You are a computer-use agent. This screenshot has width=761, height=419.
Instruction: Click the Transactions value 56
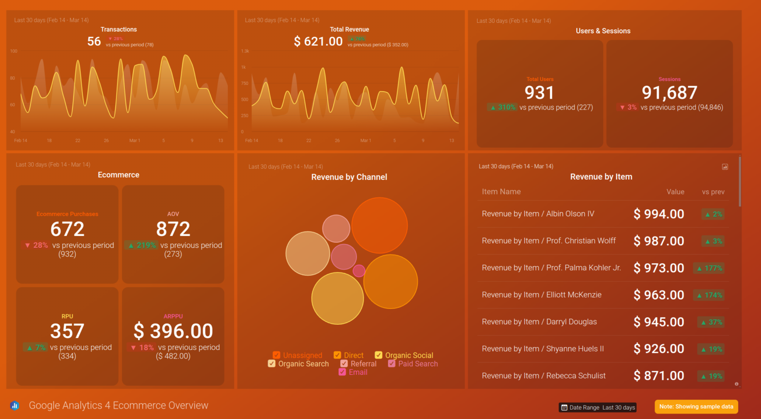pyautogui.click(x=94, y=42)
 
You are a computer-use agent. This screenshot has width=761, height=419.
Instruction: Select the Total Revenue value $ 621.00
pyautogui.click(x=318, y=42)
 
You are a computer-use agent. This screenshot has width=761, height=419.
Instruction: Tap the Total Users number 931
pyautogui.click(x=539, y=93)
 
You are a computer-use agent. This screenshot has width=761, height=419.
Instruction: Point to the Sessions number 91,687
pyautogui.click(x=669, y=93)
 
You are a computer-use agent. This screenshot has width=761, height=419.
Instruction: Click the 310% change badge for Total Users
pyautogui.click(x=502, y=107)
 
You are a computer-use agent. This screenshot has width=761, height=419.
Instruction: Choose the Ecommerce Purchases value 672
pyautogui.click(x=67, y=229)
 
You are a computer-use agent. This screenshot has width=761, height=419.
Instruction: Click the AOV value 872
pyautogui.click(x=173, y=229)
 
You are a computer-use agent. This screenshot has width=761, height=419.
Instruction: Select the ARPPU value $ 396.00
pyautogui.click(x=173, y=331)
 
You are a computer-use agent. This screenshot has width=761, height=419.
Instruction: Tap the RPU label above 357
pyautogui.click(x=67, y=316)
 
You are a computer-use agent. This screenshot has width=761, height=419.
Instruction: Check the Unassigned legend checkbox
pyautogui.click(x=276, y=355)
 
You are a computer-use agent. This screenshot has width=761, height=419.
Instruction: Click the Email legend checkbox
pyautogui.click(x=342, y=372)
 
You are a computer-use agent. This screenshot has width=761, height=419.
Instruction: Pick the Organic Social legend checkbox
pyautogui.click(x=379, y=355)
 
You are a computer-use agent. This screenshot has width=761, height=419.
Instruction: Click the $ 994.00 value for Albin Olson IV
pyautogui.click(x=658, y=214)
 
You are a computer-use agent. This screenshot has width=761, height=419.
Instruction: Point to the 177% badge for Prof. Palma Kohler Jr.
pyautogui.click(x=709, y=268)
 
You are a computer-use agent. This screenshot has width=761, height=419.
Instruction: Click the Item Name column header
pyautogui.click(x=501, y=192)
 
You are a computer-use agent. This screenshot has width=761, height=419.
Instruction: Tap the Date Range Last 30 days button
pyautogui.click(x=598, y=408)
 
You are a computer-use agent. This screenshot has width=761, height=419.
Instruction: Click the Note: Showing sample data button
pyautogui.click(x=696, y=407)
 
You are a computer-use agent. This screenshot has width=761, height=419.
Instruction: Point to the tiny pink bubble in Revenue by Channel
pyautogui.click(x=359, y=271)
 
